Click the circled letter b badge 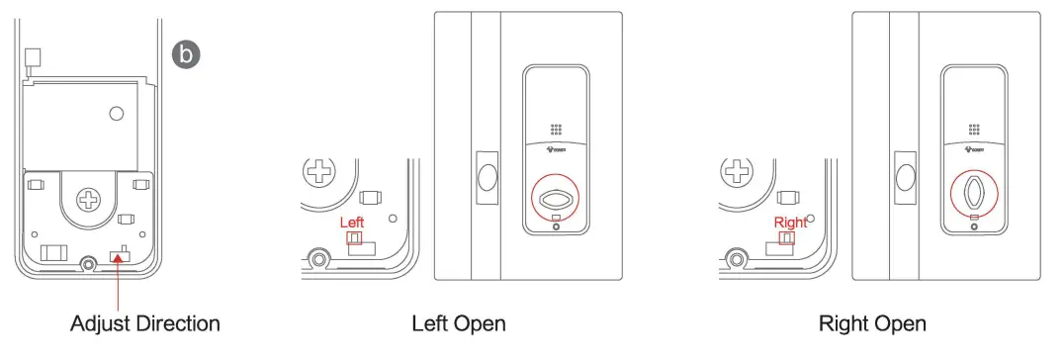186,53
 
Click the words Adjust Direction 144,323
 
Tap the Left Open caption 459,323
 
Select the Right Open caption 872,323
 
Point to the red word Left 351,223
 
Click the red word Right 790,223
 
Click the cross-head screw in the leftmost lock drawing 90,201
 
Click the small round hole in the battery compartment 117,114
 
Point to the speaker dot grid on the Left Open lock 557,131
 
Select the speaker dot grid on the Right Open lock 974,131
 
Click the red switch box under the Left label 352,238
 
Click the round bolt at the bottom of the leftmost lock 88,264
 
